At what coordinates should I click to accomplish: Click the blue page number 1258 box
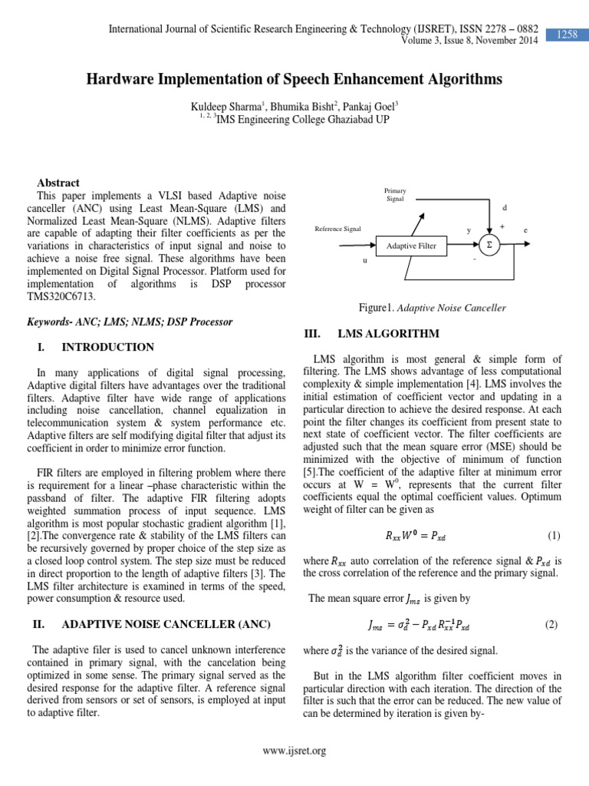click(x=566, y=35)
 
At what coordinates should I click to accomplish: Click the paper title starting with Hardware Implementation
click(x=294, y=79)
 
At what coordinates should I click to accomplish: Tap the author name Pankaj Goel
click(x=373, y=104)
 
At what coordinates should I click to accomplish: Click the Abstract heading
click(x=58, y=183)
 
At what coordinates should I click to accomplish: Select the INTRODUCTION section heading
click(x=107, y=347)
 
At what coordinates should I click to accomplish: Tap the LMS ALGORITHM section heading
click(x=388, y=333)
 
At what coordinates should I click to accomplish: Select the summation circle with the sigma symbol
click(x=488, y=245)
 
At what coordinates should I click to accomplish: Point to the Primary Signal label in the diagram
click(x=396, y=195)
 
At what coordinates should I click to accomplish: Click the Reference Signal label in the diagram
click(x=338, y=230)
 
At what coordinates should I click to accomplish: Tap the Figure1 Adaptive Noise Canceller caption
click(x=433, y=308)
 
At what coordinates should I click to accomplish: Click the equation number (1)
click(x=554, y=534)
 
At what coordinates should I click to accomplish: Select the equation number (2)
click(x=552, y=625)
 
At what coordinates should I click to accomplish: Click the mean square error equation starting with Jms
click(x=419, y=625)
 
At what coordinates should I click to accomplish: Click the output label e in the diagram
click(x=525, y=230)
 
